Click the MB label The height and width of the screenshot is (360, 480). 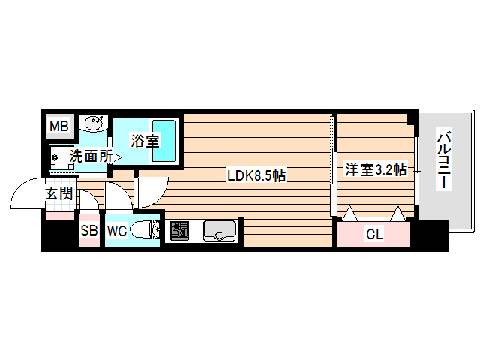tap(58, 127)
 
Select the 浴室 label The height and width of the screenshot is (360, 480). tap(144, 140)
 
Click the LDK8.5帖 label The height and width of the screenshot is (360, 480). tap(256, 176)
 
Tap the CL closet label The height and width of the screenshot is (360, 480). tap(374, 234)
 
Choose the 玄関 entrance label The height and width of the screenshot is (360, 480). tap(59, 194)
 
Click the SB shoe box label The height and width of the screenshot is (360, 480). tap(89, 231)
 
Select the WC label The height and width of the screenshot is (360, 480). tap(116, 231)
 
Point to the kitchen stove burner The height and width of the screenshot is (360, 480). tap(179, 231)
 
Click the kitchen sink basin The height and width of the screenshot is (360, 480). tap(220, 229)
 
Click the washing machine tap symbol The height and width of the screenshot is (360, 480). tap(55, 157)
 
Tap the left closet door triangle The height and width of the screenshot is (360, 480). tap(349, 215)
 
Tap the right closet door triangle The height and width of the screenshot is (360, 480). tap(398, 215)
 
